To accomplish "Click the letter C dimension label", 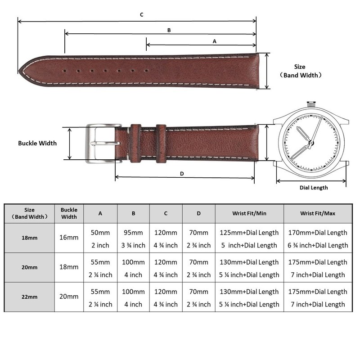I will [141, 15].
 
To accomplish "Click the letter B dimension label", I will [169, 31].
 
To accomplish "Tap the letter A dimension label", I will [214, 41].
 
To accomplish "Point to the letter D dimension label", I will [182, 173].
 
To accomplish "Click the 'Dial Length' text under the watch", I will [314, 188].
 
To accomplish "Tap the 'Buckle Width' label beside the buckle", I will [37, 143].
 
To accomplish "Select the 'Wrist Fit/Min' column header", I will [249, 213].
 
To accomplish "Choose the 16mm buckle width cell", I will [69, 237].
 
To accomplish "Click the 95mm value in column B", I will [134, 233].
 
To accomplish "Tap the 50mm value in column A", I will [100, 233].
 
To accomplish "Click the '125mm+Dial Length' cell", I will [249, 233].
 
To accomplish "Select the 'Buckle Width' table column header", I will [69, 213].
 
